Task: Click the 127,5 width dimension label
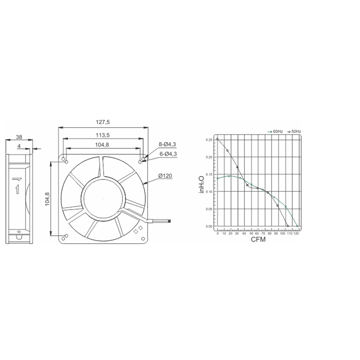click(103, 122)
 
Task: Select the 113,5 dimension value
click(103, 135)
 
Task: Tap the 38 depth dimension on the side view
click(19, 137)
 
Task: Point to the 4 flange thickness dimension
click(19, 146)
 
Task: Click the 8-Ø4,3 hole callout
click(167, 144)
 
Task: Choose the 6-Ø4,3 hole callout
click(168, 154)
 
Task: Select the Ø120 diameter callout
click(165, 176)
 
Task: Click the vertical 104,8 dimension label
click(47, 199)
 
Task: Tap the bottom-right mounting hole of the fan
click(143, 239)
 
